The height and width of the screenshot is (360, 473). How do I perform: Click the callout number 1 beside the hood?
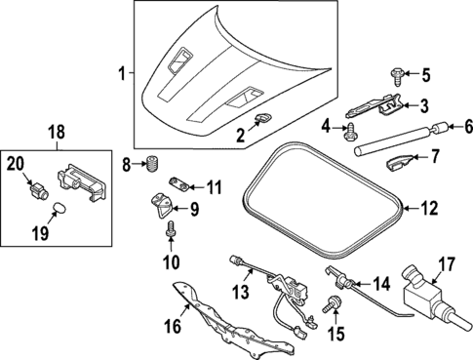[x=121, y=73]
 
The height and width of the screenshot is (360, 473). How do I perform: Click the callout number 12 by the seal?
[x=430, y=207]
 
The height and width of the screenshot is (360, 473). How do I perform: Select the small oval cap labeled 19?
[x=58, y=207]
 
